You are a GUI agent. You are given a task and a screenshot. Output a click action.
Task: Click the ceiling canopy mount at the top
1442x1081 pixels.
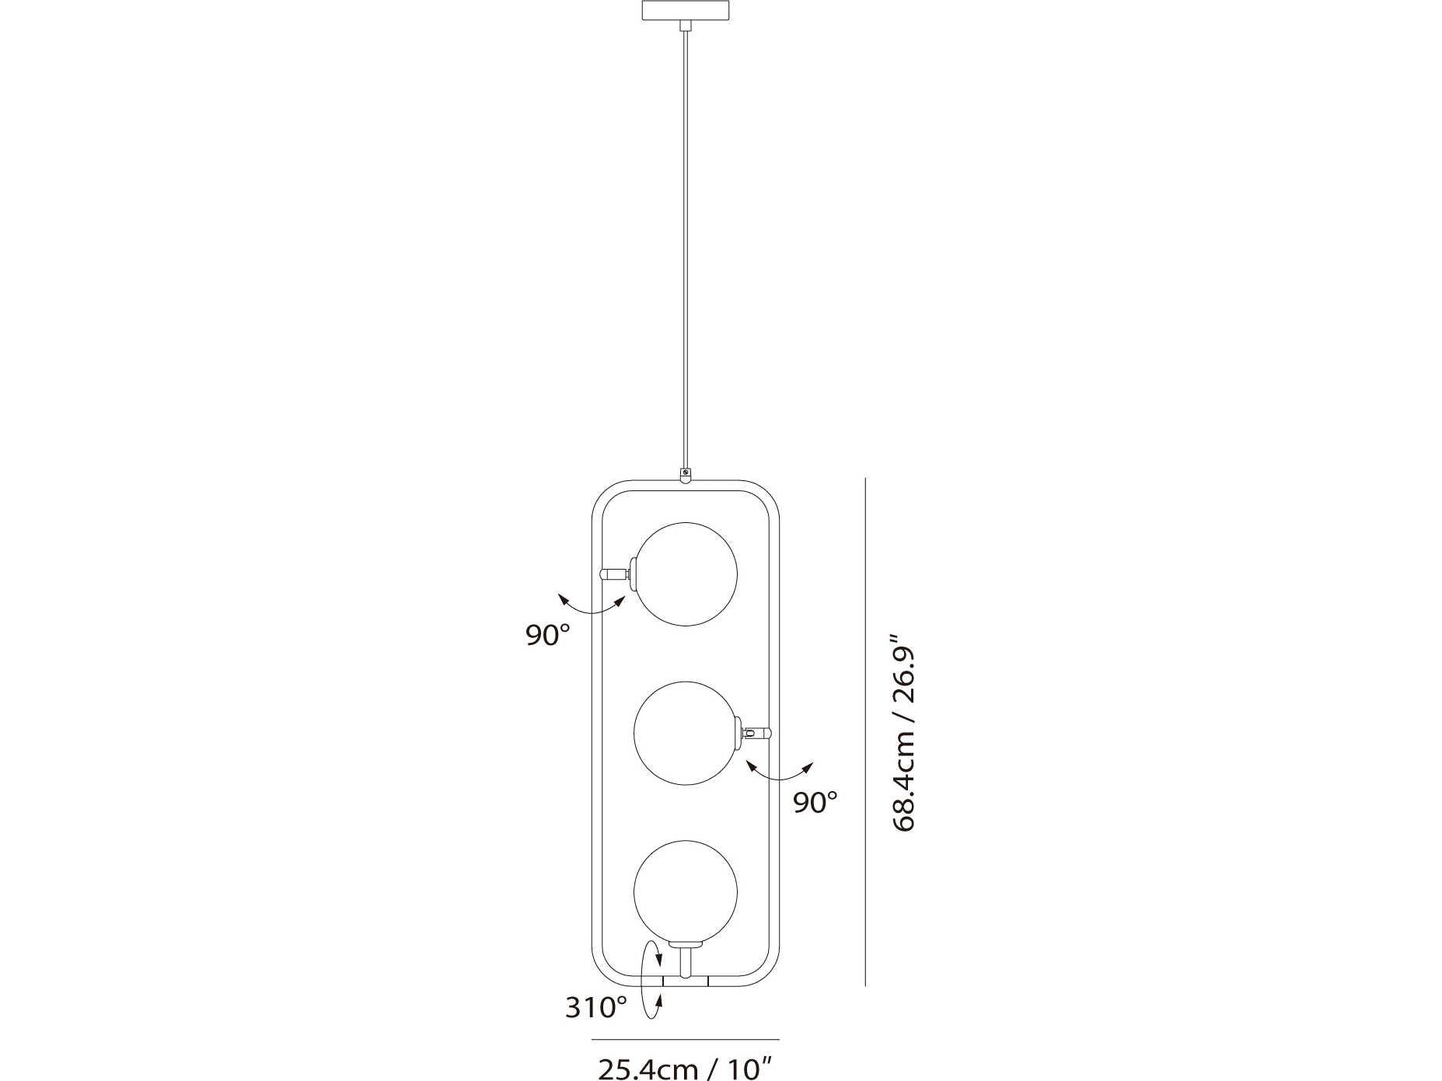686,11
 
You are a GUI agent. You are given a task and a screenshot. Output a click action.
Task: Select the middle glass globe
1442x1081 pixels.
686,733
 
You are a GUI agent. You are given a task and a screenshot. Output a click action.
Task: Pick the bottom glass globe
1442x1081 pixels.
686,891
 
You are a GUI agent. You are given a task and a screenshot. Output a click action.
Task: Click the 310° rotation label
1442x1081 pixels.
595,1008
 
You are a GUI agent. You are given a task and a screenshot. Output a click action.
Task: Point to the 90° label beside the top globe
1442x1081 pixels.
548,635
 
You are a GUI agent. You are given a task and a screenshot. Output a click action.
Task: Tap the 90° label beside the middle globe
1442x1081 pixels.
815,802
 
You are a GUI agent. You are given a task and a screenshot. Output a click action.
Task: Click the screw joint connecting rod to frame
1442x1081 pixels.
685,473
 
